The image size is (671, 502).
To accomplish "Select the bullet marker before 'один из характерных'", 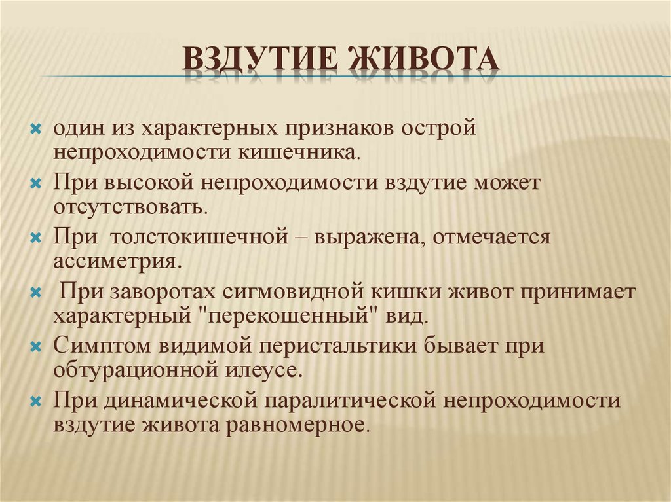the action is click(36, 129).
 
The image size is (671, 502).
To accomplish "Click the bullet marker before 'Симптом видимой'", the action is click(36, 346).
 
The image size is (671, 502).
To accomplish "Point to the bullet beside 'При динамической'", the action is click(36, 401).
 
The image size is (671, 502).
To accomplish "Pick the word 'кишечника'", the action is click(299, 153).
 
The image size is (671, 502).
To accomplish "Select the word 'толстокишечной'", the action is click(199, 237).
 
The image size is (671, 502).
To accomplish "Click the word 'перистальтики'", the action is click(337, 346).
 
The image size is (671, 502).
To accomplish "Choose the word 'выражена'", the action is click(370, 238).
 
